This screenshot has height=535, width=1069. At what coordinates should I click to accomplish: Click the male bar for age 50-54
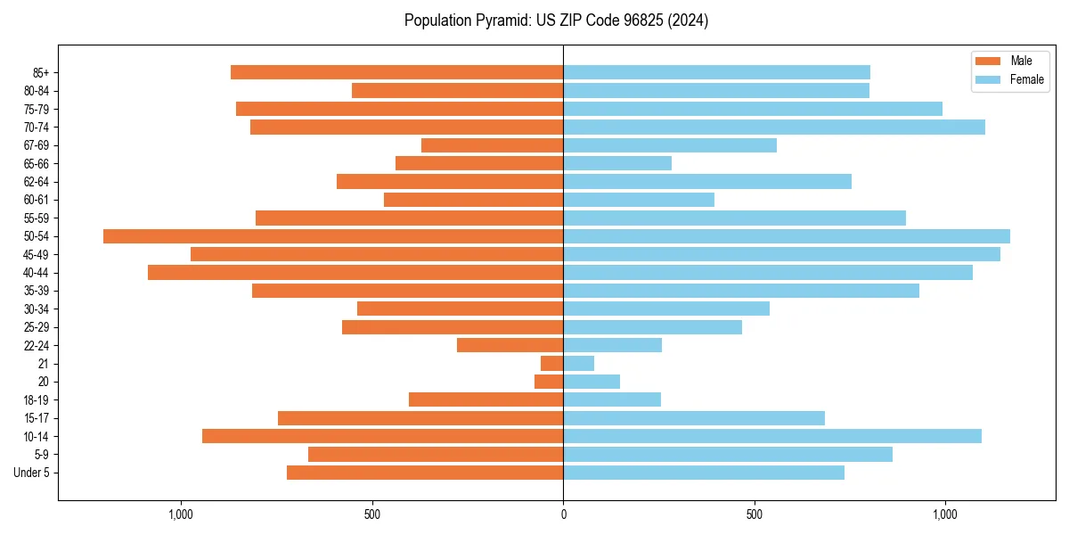(333, 236)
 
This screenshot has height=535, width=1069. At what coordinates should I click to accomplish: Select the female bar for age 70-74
(773, 128)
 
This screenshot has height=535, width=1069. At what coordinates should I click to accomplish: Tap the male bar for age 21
(552, 364)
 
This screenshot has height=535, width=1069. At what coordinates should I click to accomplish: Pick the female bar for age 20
(592, 382)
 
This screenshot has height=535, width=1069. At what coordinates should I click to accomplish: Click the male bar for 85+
(396, 72)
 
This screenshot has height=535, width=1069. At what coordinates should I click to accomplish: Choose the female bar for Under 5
(704, 473)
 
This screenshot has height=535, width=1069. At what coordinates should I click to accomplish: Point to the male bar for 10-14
(383, 436)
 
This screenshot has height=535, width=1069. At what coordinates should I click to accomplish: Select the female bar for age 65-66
(617, 163)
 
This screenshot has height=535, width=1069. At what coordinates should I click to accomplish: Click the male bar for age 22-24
(510, 345)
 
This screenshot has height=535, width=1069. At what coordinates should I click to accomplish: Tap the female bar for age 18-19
(612, 399)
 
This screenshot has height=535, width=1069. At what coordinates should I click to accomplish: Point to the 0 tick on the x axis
(563, 515)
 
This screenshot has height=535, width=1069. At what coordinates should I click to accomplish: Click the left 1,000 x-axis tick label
(181, 515)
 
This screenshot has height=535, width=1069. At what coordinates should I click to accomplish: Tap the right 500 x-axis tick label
(754, 515)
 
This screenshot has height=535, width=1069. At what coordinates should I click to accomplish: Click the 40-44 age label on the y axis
(37, 273)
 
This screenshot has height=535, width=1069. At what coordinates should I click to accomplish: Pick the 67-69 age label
(37, 145)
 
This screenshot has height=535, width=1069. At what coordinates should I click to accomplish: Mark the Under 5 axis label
(32, 473)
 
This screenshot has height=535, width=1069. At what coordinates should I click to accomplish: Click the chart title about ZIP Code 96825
(556, 21)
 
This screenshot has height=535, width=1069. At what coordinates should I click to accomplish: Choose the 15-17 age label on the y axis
(37, 418)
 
